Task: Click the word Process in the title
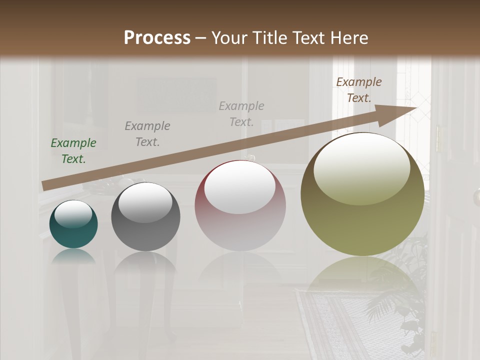pyautogui.click(x=157, y=38)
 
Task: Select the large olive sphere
pyautogui.click(x=362, y=225)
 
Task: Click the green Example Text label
pyautogui.click(x=73, y=151)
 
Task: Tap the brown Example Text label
pyautogui.click(x=359, y=90)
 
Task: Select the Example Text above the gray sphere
pyautogui.click(x=147, y=134)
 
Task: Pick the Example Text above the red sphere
pyautogui.click(x=241, y=114)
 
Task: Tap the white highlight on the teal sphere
pyautogui.click(x=73, y=214)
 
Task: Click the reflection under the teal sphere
pyautogui.click(x=73, y=256)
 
